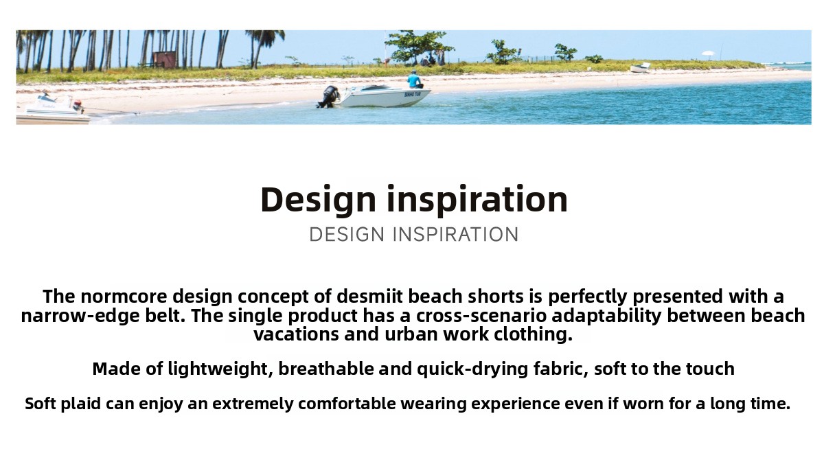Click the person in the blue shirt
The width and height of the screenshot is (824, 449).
pos(415,80)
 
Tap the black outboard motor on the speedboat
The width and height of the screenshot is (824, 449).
pos(328,97)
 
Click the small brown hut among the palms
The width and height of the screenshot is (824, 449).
pos(164,60)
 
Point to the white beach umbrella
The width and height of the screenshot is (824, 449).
pos(707,54)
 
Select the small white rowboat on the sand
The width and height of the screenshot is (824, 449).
pos(640,68)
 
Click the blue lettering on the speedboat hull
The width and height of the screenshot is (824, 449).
pos(413,95)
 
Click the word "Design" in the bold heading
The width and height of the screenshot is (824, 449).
pos(318,200)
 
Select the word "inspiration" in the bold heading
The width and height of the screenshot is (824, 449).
pos(477,200)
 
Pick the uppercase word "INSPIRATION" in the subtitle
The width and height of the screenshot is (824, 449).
pos(456,235)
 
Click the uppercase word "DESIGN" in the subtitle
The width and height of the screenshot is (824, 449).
pos(347,235)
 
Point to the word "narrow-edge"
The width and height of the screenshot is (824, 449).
pos(80,316)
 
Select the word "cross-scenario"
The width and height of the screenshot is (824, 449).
pos(481,316)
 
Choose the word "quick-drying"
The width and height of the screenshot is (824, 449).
pos(472,369)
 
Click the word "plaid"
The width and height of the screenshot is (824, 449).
pos(80,404)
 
